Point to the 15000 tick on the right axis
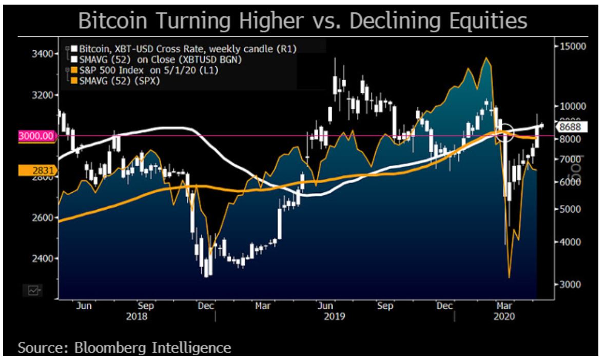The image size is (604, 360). (572, 46)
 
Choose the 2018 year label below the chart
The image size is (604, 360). (137, 316)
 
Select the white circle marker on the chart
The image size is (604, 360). (506, 132)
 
